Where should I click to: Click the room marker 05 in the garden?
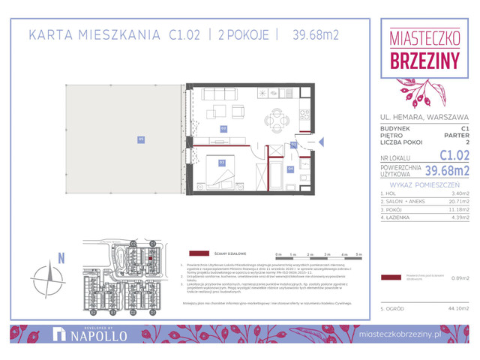(140, 139)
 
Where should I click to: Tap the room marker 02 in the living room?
(223, 129)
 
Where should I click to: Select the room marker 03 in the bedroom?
(222, 162)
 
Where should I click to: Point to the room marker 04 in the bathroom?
(291, 169)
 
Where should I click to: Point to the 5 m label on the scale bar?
(358, 254)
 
